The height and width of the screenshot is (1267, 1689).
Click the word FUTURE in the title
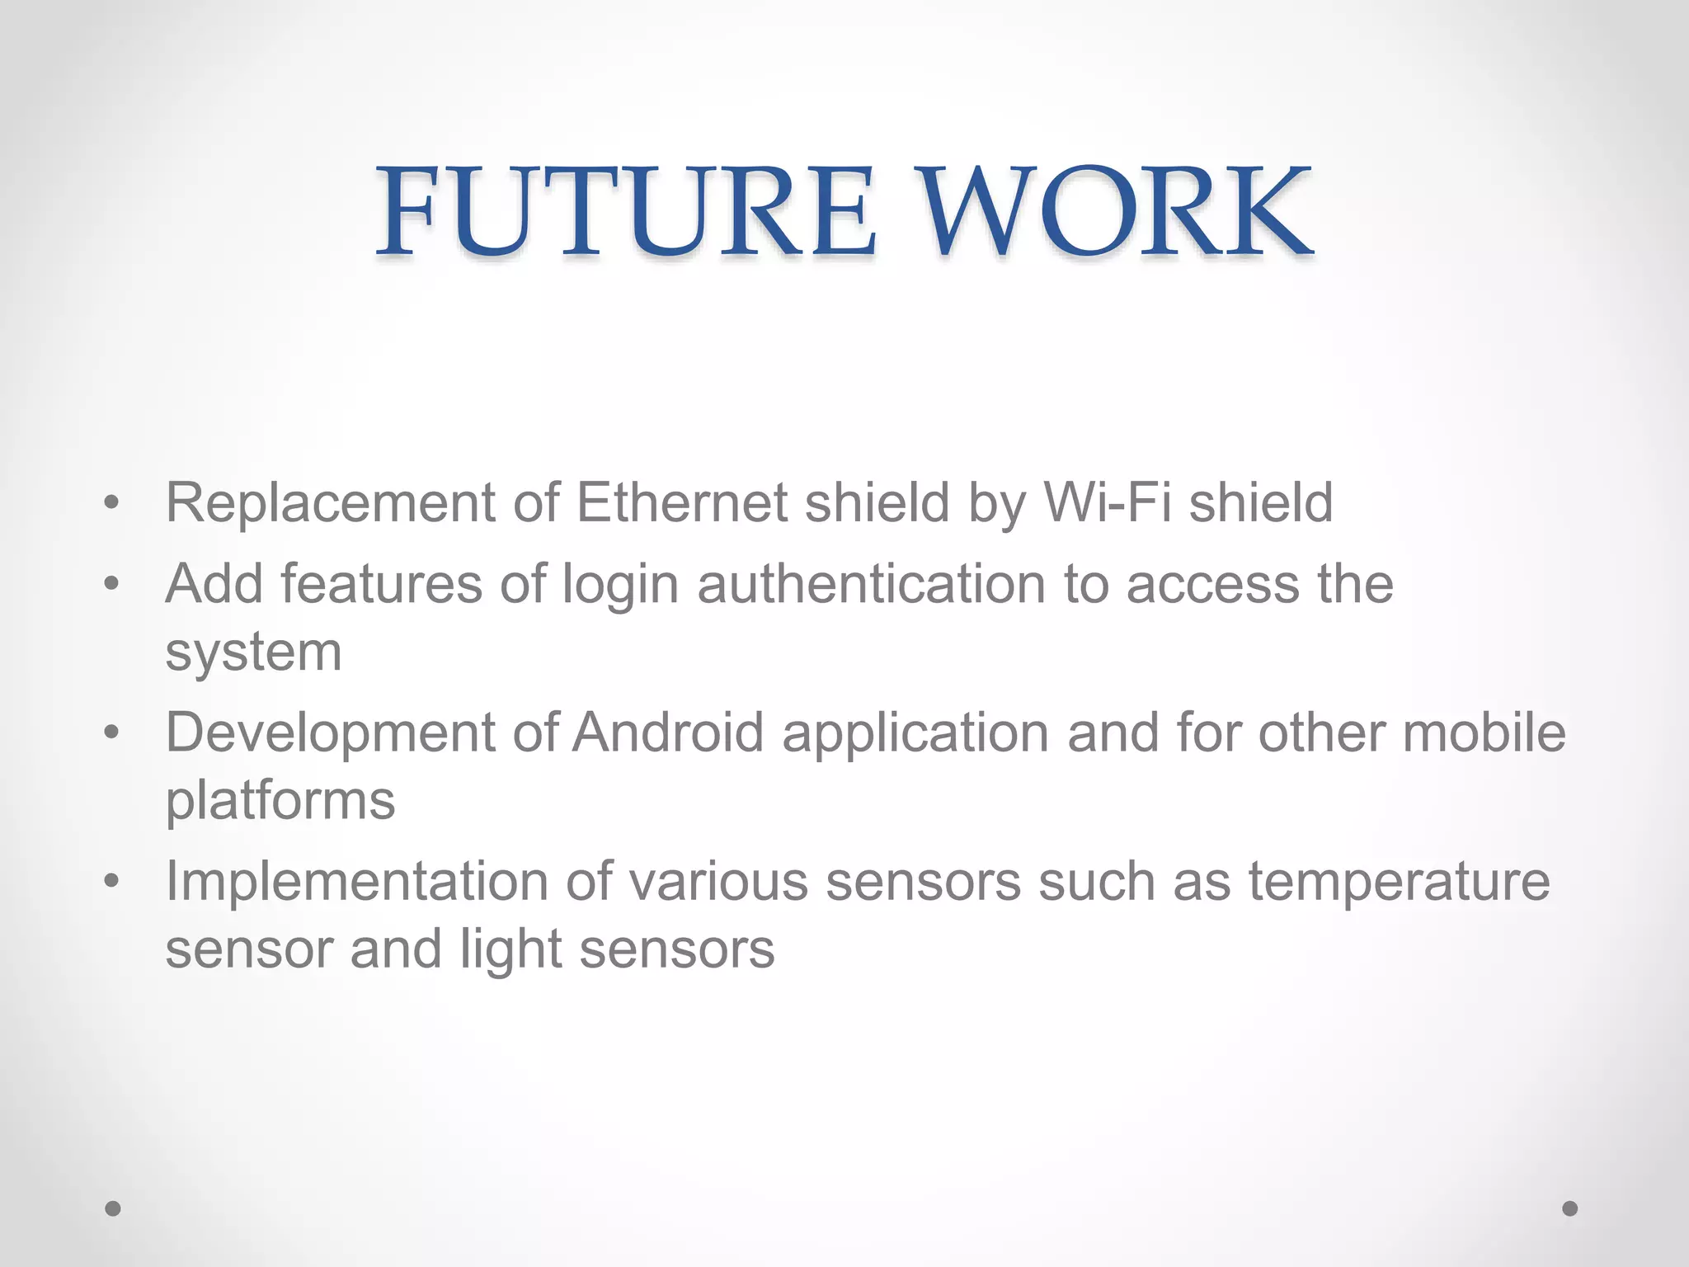pos(624,210)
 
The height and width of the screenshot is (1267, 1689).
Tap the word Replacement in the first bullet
pos(330,502)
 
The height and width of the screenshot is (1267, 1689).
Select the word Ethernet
pos(681,502)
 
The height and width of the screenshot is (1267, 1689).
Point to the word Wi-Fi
pos(1108,502)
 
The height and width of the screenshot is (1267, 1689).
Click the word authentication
pos(871,584)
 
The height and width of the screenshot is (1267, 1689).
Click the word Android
pos(668,732)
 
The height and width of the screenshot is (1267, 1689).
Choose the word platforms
pos(280,801)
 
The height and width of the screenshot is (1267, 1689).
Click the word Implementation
pos(356,882)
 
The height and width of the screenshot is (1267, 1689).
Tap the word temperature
pos(1399,882)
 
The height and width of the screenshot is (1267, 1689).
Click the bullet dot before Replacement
pos(112,502)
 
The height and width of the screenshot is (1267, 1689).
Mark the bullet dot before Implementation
pos(112,881)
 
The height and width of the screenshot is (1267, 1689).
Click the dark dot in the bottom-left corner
pos(113,1208)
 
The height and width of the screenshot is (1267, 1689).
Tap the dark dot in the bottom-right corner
pos(1570,1208)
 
